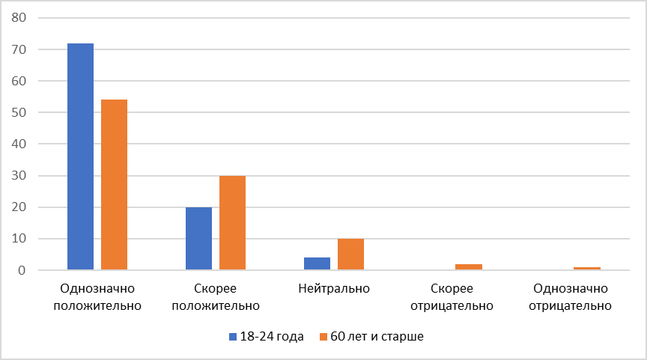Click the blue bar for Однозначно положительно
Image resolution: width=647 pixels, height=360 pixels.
click(x=80, y=156)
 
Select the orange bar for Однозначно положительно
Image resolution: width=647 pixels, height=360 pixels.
click(x=115, y=185)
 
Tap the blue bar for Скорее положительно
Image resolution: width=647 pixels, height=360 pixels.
click(x=198, y=238)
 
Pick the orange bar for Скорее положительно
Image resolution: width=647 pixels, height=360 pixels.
click(x=232, y=222)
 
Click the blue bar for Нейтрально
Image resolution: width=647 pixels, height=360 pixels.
click(x=317, y=263)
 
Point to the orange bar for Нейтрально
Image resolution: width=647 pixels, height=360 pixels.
click(x=350, y=254)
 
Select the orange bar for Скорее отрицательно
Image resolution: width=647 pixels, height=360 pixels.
click(x=469, y=266)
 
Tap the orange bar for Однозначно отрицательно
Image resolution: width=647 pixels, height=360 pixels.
click(x=587, y=268)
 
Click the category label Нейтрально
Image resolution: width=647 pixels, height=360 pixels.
click(x=333, y=288)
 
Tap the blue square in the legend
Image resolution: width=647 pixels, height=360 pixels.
click(x=233, y=337)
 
